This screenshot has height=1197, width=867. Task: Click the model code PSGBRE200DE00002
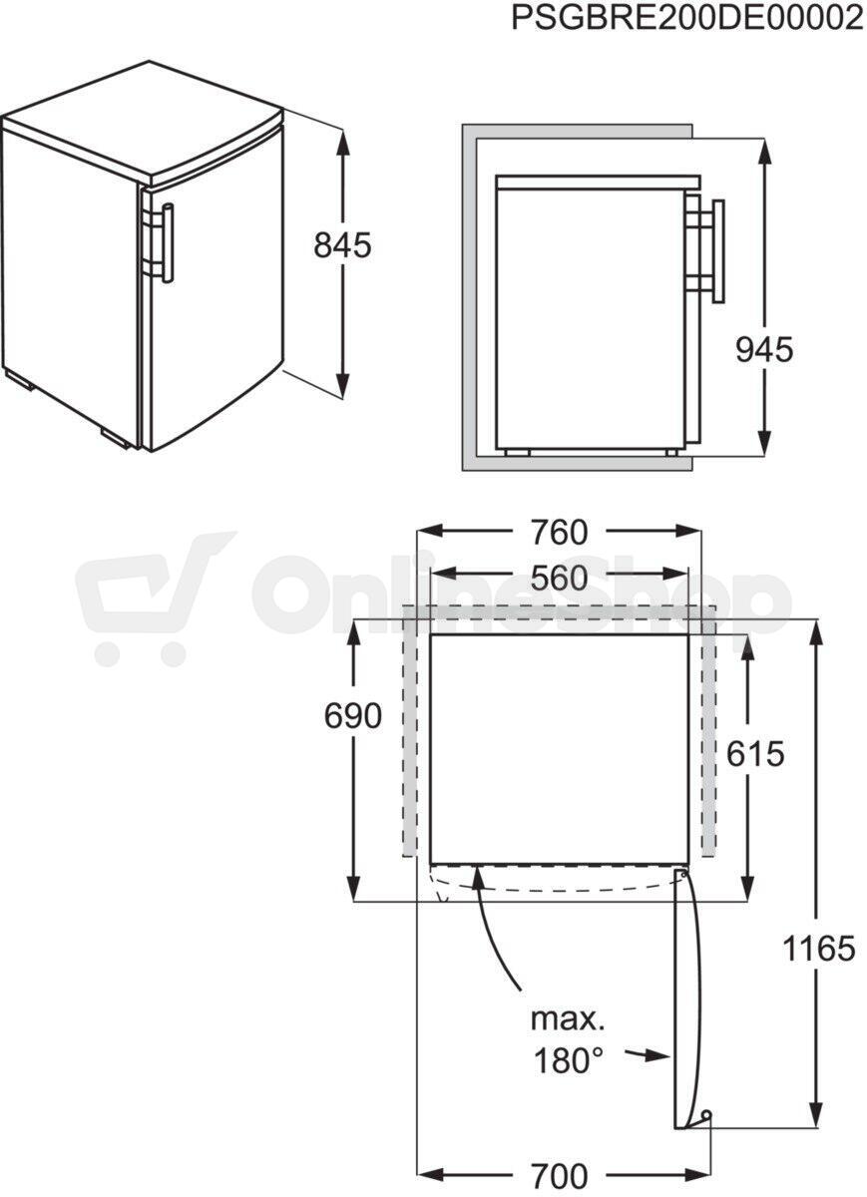pyautogui.click(x=687, y=18)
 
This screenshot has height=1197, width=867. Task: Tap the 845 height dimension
pyautogui.click(x=342, y=246)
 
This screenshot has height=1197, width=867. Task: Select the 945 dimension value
pyautogui.click(x=764, y=351)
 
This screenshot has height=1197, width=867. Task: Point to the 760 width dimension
pyautogui.click(x=559, y=533)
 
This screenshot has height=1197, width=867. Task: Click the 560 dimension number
pyautogui.click(x=559, y=579)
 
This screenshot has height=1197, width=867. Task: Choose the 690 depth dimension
pyautogui.click(x=353, y=715)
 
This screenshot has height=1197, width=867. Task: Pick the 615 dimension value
pyautogui.click(x=755, y=754)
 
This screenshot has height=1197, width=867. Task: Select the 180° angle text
pyautogui.click(x=569, y=1061)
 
